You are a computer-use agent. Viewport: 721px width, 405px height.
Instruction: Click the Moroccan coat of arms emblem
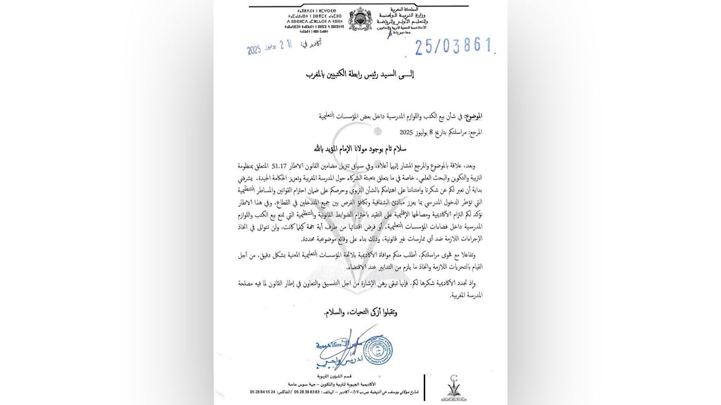pos(360,19)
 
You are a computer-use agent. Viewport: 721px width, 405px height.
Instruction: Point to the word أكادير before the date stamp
pos(320,43)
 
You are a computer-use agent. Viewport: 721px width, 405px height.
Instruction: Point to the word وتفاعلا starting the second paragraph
pos(471,254)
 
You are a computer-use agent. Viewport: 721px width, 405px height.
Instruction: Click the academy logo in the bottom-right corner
pos(456,388)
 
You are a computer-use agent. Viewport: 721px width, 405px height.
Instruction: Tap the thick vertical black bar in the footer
pos(425,389)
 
